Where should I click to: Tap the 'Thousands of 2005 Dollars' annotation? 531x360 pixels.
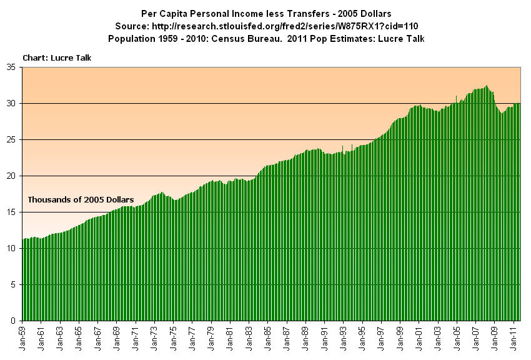coord(81,199)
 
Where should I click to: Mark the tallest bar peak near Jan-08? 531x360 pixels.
coord(487,86)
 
